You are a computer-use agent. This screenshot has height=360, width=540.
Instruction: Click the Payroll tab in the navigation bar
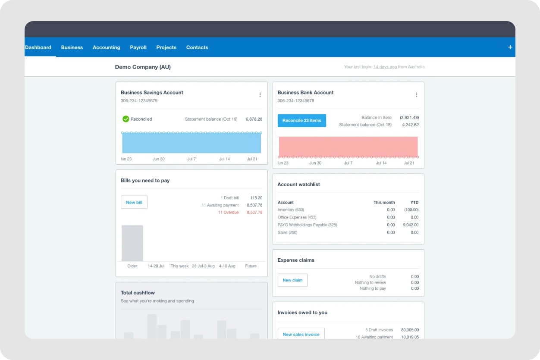(x=138, y=47)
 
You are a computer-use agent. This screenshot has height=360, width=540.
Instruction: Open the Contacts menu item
(x=197, y=47)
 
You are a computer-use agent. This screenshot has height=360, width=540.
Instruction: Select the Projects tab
(x=166, y=47)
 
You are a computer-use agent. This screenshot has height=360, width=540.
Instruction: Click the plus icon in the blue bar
(x=510, y=47)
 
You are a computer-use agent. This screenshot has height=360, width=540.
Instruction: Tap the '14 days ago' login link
(x=385, y=67)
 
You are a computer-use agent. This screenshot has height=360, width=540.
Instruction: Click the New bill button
(x=134, y=202)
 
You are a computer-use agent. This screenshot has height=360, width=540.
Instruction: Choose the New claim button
(x=292, y=280)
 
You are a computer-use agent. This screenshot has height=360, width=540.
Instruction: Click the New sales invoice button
(x=301, y=334)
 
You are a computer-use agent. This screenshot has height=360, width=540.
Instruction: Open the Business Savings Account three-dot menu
(x=260, y=95)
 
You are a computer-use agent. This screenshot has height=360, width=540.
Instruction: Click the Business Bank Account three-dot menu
(x=417, y=95)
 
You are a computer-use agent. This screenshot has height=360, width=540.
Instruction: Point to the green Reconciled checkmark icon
(x=126, y=119)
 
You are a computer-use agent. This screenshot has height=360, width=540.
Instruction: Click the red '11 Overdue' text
(x=228, y=213)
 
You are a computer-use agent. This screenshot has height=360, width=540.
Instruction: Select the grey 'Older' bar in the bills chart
(x=132, y=243)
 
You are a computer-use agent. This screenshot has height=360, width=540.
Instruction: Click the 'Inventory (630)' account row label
(x=291, y=210)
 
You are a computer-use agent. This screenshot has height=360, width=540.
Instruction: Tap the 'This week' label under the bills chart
(x=179, y=266)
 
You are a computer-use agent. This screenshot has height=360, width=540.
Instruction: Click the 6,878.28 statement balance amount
(x=254, y=119)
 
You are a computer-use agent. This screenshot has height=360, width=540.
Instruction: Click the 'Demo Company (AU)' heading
(x=143, y=67)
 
